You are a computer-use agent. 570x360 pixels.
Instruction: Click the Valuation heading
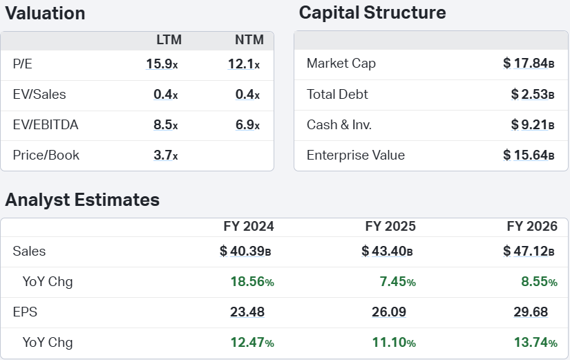(x=45, y=13)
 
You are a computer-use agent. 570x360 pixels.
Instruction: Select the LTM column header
(x=169, y=39)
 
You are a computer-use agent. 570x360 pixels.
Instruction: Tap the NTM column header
(x=249, y=39)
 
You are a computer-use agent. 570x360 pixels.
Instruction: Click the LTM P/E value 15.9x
(x=162, y=64)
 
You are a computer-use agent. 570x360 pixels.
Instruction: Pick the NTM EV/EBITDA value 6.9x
(x=247, y=125)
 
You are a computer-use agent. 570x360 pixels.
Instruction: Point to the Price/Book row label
(x=46, y=155)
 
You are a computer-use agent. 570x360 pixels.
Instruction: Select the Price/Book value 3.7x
(x=166, y=155)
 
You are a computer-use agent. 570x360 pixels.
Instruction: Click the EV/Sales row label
(x=39, y=95)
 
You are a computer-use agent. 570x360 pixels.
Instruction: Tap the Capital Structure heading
(x=372, y=12)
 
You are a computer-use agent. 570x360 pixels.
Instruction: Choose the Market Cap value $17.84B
(x=529, y=64)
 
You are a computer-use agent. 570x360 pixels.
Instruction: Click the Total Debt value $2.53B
(x=533, y=95)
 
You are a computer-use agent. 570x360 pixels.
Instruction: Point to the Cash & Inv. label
(x=339, y=125)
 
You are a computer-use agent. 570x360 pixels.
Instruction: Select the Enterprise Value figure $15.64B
(x=529, y=155)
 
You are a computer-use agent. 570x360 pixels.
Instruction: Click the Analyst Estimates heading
(x=82, y=200)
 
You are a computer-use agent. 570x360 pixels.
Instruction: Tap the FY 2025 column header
(x=390, y=227)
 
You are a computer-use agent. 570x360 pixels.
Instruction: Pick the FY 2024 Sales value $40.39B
(x=245, y=252)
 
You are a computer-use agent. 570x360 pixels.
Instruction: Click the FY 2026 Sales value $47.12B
(x=529, y=252)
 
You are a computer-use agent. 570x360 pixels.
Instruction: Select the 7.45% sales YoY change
(x=398, y=282)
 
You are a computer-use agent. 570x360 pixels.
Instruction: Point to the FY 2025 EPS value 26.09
(x=389, y=312)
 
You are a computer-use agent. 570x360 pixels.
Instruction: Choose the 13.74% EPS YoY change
(x=535, y=343)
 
